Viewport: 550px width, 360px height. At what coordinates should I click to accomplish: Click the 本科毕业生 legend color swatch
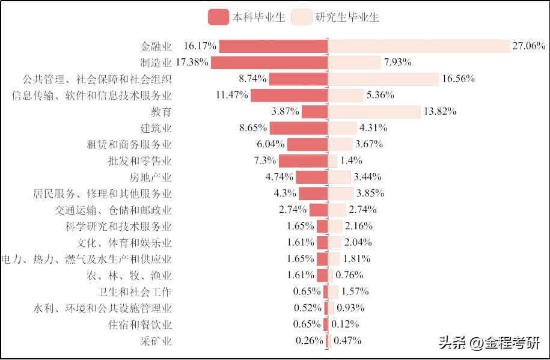pos(218,17)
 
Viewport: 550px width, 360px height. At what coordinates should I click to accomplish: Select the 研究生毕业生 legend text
pos(347,17)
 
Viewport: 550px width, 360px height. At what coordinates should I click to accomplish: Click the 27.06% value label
pos(528,46)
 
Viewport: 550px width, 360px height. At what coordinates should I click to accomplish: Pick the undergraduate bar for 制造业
pos(269,63)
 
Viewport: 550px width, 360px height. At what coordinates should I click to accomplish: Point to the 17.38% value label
pos(192,63)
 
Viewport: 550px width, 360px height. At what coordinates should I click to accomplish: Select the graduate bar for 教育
pos(374,112)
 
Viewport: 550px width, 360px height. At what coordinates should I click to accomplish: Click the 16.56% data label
pos(458,79)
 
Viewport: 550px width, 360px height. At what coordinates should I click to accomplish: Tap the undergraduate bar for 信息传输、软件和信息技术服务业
pos(289,95)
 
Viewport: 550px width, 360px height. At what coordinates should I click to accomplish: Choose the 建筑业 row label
pos(156,128)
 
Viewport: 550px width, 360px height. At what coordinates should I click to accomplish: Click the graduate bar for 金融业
pos(419,46)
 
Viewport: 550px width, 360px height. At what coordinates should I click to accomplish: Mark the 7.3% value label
pos(264,160)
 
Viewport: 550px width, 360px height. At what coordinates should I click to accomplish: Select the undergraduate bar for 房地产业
pos(311,177)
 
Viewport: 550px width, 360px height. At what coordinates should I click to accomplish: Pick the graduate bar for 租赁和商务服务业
pos(340,144)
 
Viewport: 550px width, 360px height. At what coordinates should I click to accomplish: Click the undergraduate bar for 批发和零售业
pos(303,160)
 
